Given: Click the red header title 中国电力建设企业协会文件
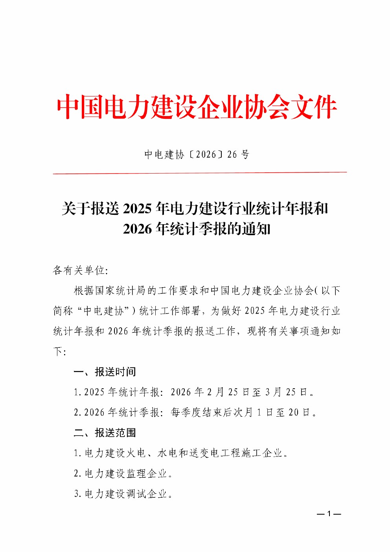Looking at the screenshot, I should pos(197,107).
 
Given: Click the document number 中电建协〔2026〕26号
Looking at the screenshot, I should pos(197,155).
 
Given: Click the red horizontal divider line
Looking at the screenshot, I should pos(200,172).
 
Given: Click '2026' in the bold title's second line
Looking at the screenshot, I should pos(137,229).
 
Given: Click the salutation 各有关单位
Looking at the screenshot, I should pos(80,270).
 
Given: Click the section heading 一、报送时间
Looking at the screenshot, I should pos(105,372).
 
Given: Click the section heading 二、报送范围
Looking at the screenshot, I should pos(105,433).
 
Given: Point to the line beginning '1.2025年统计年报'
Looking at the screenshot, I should pos(195,392).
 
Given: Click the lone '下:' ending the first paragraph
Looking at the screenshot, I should pos(59,351).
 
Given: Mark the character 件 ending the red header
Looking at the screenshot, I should pos(325,107).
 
